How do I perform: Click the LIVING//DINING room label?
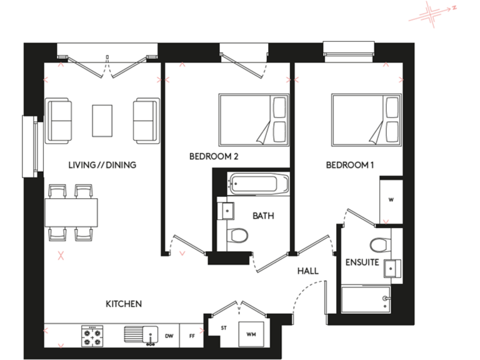[x=102, y=165]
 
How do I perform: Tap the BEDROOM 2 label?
[x=214, y=157]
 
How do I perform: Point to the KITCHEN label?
[x=123, y=304]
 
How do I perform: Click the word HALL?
[x=308, y=271]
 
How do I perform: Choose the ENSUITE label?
[x=362, y=262]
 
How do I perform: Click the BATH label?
[x=263, y=216]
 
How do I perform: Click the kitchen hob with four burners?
[x=92, y=336]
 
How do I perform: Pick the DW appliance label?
[x=169, y=336]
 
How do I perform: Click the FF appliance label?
[x=191, y=336]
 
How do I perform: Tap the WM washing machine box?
[x=252, y=336]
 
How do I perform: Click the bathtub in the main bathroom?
[x=258, y=184]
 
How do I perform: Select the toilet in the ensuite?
[x=379, y=244]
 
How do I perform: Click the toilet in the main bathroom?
[x=237, y=236]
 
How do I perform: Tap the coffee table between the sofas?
[x=102, y=120]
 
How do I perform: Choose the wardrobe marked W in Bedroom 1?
[x=391, y=200]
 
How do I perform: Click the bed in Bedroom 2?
[x=254, y=119]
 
